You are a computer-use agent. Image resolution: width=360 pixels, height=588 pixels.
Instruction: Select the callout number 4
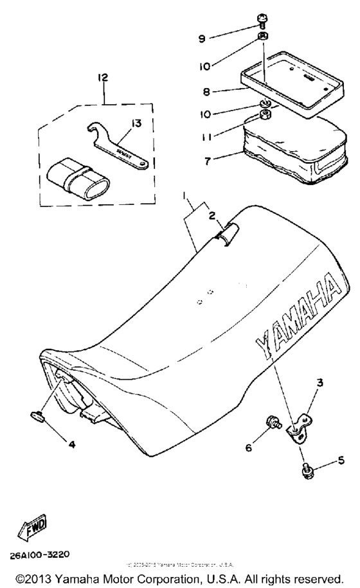point(71,443)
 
